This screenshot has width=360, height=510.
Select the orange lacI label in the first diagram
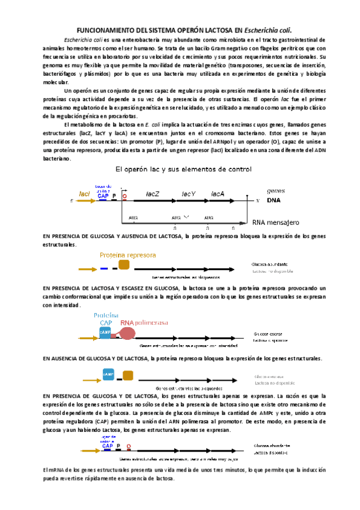84,194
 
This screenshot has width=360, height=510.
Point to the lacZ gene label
152,194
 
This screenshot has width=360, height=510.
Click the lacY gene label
189,194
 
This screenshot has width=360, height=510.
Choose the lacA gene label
217,194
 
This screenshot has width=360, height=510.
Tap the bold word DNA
273,200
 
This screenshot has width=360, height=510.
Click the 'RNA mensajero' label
276,222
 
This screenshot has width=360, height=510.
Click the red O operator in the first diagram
124,196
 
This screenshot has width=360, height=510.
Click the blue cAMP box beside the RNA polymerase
105,331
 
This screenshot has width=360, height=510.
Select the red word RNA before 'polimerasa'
127,322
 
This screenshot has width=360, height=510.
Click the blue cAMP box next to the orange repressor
109,375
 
